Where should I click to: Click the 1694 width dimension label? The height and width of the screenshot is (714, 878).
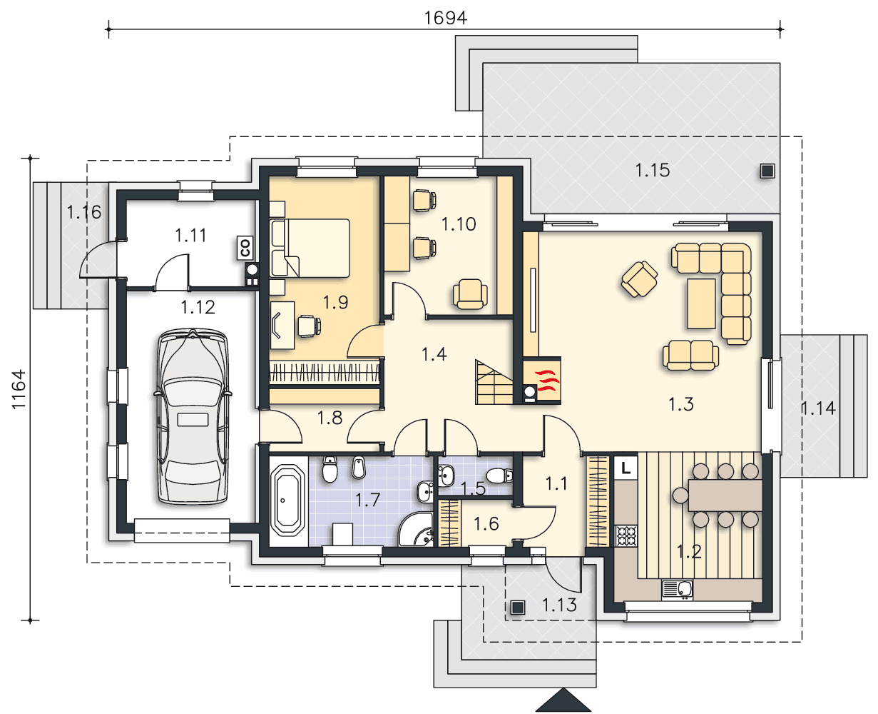pyautogui.click(x=445, y=18)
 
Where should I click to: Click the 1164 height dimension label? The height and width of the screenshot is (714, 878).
pyautogui.click(x=19, y=389)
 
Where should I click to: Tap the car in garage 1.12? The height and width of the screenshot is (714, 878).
pyautogui.click(x=193, y=417)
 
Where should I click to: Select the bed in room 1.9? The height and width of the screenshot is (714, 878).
pyautogui.click(x=310, y=248)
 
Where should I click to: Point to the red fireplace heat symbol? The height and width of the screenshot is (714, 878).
pyautogui.click(x=547, y=380)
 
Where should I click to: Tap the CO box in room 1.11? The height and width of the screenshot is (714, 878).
pyautogui.click(x=245, y=248)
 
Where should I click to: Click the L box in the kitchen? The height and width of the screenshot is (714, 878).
pyautogui.click(x=626, y=468)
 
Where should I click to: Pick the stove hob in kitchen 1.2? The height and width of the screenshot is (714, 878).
pyautogui.click(x=626, y=535)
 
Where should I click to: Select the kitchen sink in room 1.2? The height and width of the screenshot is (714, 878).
pyautogui.click(x=677, y=589)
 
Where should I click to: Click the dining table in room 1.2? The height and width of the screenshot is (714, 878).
pyautogui.click(x=725, y=495)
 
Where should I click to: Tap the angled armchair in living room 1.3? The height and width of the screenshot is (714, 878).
pyautogui.click(x=639, y=279)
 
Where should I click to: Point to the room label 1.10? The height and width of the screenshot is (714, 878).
pyautogui.click(x=459, y=224)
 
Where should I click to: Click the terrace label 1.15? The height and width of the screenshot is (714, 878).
pyautogui.click(x=652, y=170)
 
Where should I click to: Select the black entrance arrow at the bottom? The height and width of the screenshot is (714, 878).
pyautogui.click(x=563, y=700)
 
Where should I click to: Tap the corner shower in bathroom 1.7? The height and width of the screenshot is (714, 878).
pyautogui.click(x=417, y=530)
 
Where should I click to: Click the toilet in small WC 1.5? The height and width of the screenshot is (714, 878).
pyautogui.click(x=499, y=476)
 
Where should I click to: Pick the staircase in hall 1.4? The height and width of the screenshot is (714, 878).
pyautogui.click(x=494, y=382)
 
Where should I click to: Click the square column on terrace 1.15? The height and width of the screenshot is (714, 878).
pyautogui.click(x=767, y=171)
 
